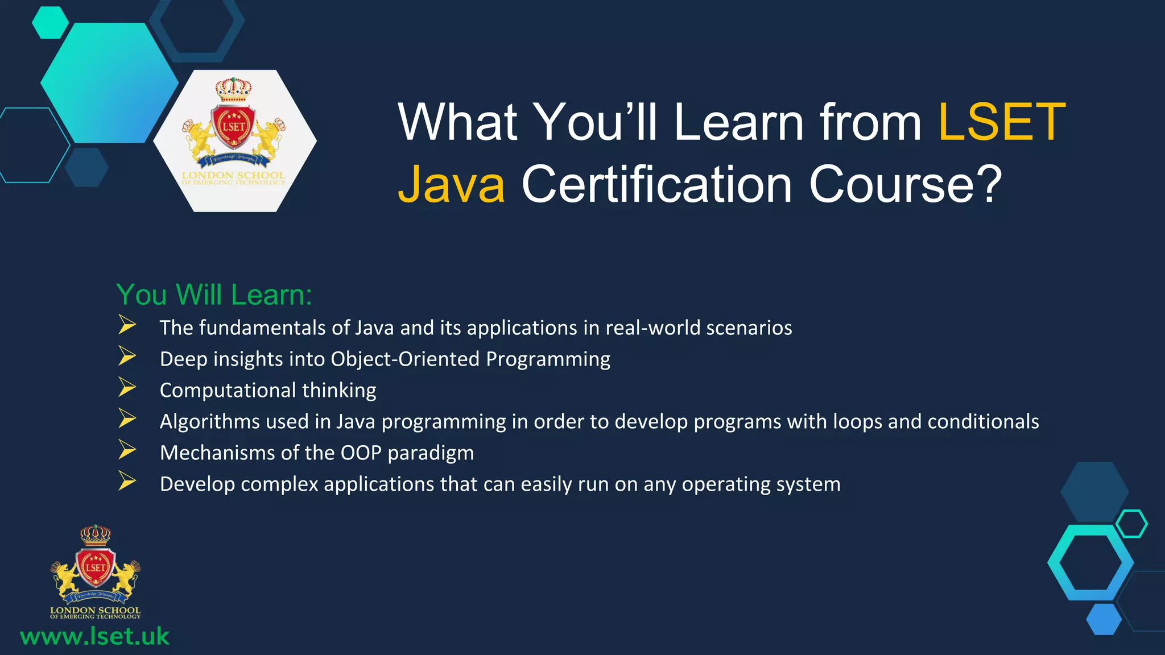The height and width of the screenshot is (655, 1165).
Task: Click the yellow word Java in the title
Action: pyautogui.click(x=451, y=184)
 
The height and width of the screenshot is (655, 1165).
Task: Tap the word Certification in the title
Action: pyautogui.click(x=657, y=184)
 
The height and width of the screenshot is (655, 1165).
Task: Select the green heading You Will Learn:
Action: pyautogui.click(x=214, y=295)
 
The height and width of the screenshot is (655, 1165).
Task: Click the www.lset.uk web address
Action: pyautogui.click(x=94, y=636)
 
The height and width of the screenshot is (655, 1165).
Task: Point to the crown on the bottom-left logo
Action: pyautogui.click(x=95, y=534)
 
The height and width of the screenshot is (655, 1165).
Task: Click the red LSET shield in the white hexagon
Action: pyautogui.click(x=233, y=127)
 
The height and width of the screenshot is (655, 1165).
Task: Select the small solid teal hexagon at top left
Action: pyautogui.click(x=50, y=23)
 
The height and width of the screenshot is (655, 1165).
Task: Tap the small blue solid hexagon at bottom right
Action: pyautogui.click(x=1104, y=619)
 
